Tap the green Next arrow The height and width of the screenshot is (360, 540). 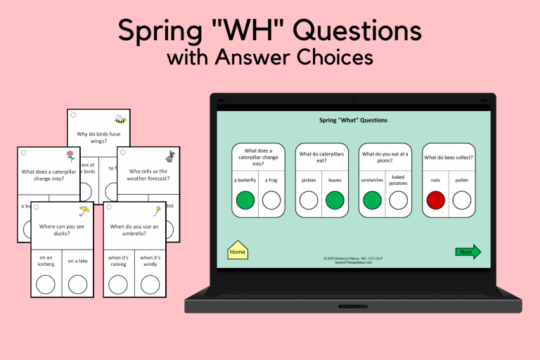pos(468,252)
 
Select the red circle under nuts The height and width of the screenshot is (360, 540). pos(437,200)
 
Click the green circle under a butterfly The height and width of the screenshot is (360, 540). pos(246,200)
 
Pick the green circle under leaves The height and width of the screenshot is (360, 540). pos(335,200)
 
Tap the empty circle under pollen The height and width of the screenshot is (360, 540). pos(462,200)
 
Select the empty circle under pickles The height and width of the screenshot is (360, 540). pos(309,200)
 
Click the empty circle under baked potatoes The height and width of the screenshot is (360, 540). pos(399,200)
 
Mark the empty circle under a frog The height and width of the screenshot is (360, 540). pos(271,200)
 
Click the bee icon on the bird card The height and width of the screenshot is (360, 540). pos(121,119)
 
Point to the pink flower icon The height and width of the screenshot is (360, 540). pos(70,155)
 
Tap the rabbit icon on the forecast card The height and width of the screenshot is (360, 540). pos(170,155)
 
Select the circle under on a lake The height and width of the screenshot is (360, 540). pos(78,284)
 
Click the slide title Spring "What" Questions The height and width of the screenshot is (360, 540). pos(353,120)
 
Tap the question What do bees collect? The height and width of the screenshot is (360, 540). pos(449,157)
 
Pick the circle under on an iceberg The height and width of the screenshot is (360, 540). pos(46,284)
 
